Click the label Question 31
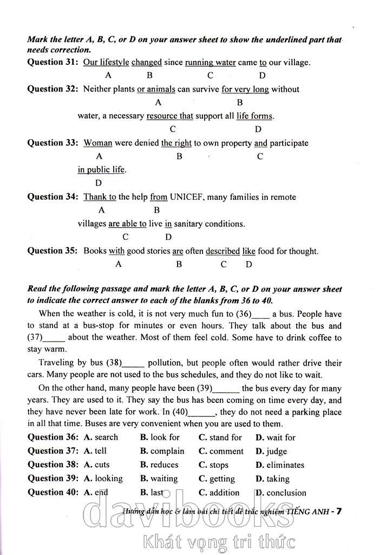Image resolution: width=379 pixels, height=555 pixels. tap(53, 62)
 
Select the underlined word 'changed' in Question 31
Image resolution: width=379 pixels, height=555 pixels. tap(146, 62)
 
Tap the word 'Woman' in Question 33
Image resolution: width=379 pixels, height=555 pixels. tap(97, 143)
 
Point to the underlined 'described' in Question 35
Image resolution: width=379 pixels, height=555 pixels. tap(223, 251)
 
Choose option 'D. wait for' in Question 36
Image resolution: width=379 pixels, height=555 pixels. tap(276, 438)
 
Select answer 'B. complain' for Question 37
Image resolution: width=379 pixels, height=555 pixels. tap(162, 451)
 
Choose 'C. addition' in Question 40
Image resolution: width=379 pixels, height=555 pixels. tap(219, 493)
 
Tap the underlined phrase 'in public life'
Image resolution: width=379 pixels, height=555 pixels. tap(101, 170)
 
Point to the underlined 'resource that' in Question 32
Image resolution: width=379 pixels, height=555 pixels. tap(169, 116)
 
